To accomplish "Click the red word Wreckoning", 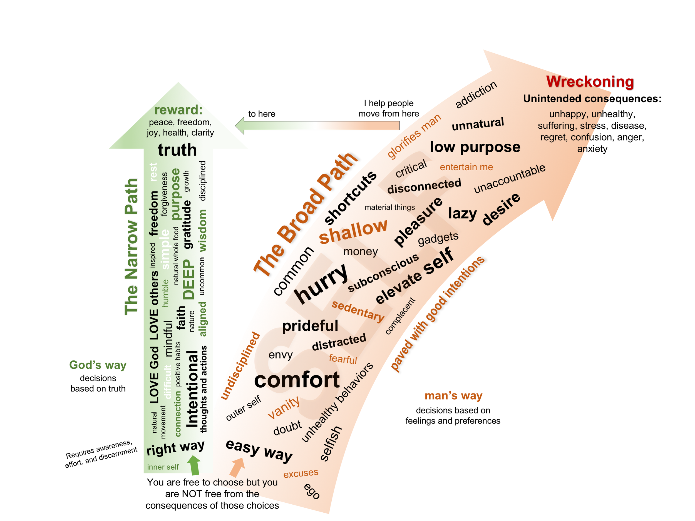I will tap(590, 82).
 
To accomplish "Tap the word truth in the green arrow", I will tap(177, 150).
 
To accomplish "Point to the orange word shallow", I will tap(353, 231).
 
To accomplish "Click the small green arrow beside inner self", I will tap(194, 465).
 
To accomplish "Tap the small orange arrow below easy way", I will tap(237, 467).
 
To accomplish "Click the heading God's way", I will tap(98, 365).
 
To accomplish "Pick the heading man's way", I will tap(453, 396).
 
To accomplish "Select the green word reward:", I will tap(178, 110).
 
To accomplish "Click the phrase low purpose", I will tap(475, 147).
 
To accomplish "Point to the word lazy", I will tap(462, 214).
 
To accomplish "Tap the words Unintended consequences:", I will tap(592, 99).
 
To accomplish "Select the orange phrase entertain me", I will tap(466, 167).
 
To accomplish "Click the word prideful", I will tap(310, 326).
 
